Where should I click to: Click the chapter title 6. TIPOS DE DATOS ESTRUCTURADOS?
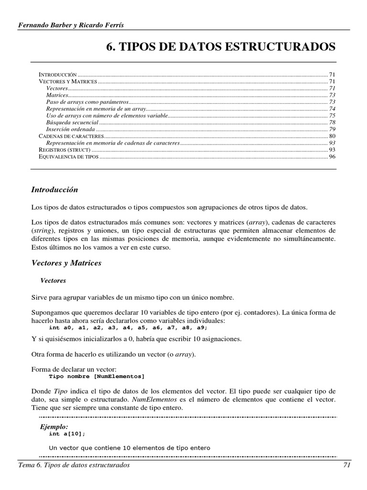(220, 47)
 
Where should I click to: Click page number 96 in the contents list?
(332, 157)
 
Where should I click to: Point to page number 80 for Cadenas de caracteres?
(332, 136)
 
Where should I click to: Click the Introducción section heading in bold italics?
(54, 190)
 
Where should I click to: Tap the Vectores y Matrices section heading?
(66, 263)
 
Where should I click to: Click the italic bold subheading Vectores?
(53, 280)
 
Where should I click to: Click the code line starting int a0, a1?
(129, 328)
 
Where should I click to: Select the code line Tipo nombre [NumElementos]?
(97, 377)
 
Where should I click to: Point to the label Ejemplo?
(54, 426)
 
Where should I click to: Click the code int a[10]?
(67, 434)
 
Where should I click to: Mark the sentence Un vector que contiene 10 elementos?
(130, 448)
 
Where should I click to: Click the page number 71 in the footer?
(347, 466)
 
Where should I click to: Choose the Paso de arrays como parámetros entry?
(87, 102)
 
